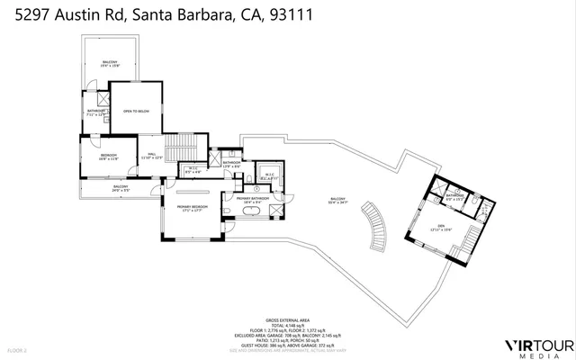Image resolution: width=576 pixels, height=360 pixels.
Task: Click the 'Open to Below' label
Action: coord(135,111)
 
